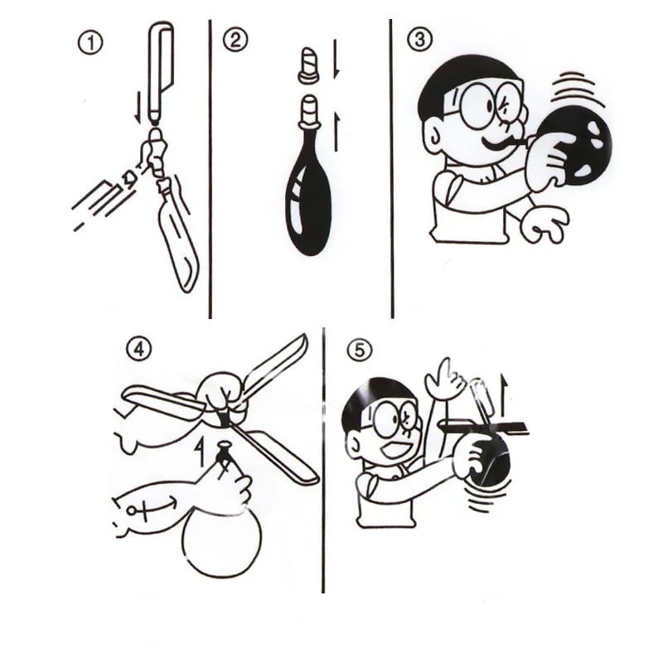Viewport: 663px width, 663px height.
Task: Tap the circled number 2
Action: point(235,40)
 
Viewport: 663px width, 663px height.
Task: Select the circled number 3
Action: point(419,39)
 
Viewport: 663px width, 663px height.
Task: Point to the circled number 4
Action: point(138,350)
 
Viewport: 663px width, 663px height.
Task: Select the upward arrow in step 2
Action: point(336,129)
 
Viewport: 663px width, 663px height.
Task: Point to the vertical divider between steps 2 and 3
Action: point(391,166)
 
